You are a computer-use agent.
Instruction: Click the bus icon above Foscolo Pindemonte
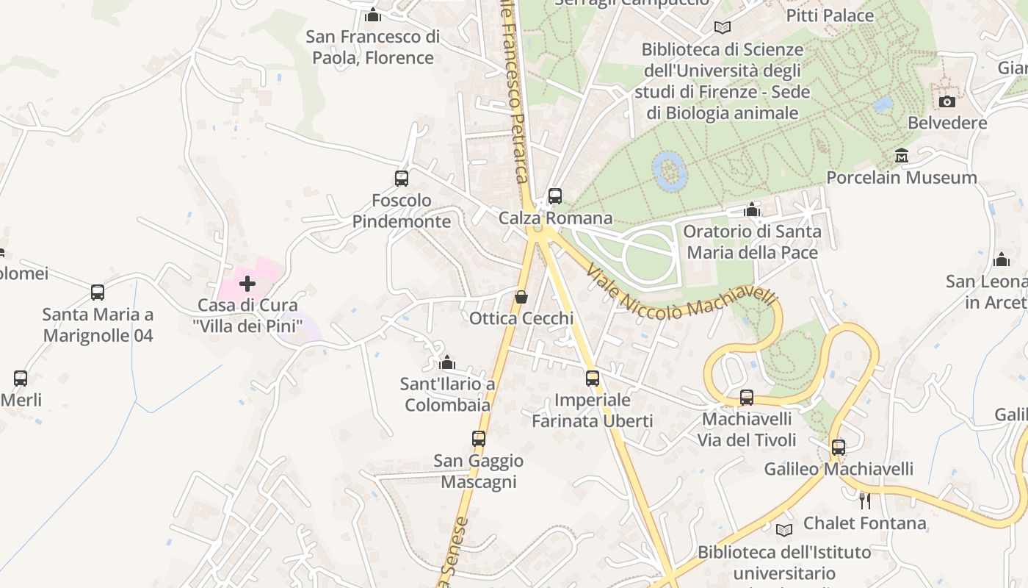click(402, 178)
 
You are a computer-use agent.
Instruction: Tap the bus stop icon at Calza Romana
click(555, 196)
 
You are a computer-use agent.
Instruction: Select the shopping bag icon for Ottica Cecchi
click(521, 297)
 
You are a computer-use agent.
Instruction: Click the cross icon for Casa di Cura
click(247, 283)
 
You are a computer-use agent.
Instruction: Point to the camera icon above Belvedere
click(947, 101)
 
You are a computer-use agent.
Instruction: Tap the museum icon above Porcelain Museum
click(902, 156)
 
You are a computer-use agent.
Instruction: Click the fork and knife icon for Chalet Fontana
click(865, 501)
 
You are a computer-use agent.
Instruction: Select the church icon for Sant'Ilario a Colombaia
click(447, 362)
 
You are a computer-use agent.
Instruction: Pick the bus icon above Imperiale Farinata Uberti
click(593, 379)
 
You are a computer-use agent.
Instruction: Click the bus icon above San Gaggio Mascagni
click(479, 439)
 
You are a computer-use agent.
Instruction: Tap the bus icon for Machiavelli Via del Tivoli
click(747, 398)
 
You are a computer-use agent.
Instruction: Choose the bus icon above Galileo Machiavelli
click(839, 447)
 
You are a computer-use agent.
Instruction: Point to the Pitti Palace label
click(830, 15)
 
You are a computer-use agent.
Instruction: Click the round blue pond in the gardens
click(670, 171)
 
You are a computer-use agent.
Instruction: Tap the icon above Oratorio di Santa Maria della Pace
click(752, 210)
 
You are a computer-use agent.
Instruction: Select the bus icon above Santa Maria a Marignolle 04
click(98, 293)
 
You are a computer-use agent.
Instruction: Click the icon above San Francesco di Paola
click(373, 15)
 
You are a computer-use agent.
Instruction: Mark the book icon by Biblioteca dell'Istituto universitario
click(784, 530)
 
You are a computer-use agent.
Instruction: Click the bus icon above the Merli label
click(21, 379)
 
